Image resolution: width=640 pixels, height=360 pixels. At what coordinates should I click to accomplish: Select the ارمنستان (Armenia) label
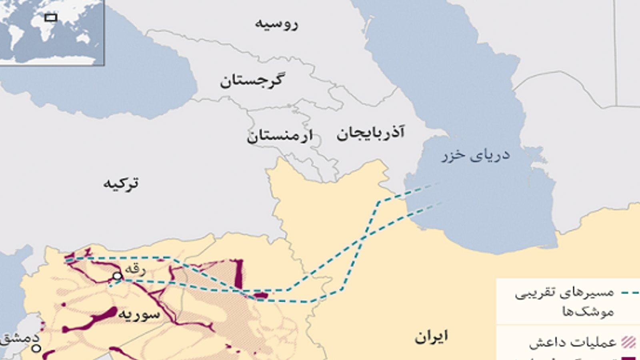(x=280, y=136)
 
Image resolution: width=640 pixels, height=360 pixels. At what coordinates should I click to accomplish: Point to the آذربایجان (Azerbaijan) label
(x=370, y=133)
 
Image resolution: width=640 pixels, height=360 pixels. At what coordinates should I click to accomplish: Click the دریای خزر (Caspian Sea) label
(x=476, y=155)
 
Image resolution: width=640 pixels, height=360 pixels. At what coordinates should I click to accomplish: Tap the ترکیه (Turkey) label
(x=121, y=183)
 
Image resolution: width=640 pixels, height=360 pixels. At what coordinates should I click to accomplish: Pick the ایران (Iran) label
(x=431, y=337)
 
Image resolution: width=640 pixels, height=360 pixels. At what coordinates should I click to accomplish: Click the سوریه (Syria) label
(x=138, y=314)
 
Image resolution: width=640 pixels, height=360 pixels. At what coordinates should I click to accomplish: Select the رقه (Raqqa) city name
(x=135, y=269)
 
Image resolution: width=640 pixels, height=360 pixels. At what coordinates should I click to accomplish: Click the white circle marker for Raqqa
(x=117, y=276)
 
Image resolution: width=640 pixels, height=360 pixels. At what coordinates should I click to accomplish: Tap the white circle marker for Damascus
(x=36, y=348)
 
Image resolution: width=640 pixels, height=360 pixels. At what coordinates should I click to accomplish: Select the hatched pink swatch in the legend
(x=629, y=342)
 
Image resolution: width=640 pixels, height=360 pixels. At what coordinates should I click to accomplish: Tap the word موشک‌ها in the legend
(x=588, y=312)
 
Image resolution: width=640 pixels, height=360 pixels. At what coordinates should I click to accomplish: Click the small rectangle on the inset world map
(x=51, y=17)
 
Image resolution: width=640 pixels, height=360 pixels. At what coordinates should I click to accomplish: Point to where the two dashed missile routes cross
(x=364, y=237)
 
